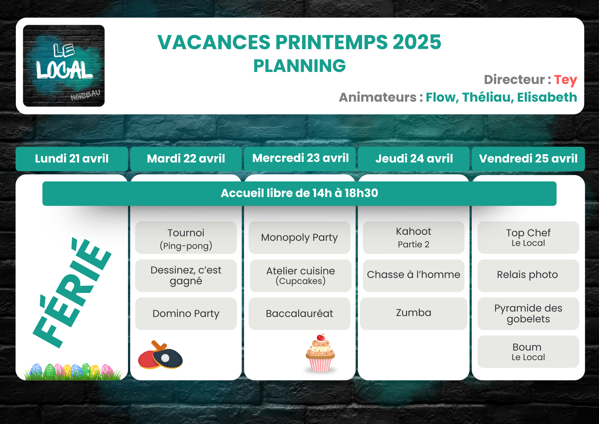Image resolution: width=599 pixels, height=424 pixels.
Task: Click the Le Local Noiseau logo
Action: click(64, 66)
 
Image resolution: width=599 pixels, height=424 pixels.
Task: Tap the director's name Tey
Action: click(565, 80)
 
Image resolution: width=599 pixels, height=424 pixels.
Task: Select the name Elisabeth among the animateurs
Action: click(547, 97)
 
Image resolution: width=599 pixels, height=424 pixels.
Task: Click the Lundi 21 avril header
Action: click(72, 159)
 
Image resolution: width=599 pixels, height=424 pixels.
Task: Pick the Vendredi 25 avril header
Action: click(528, 159)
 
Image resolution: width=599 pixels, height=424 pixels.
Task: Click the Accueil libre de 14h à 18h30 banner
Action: click(299, 193)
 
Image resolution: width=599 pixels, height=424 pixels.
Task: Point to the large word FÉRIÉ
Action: click(72, 292)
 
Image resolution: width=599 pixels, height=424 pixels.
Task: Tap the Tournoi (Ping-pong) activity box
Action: click(186, 238)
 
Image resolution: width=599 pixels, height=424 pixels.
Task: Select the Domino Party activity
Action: click(186, 314)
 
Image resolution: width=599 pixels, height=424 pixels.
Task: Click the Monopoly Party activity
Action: click(299, 238)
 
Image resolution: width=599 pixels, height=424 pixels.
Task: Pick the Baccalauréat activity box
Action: click(299, 314)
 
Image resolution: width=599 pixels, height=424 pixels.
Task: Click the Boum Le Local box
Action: click(528, 352)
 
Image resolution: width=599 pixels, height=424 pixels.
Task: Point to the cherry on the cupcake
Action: click(321, 338)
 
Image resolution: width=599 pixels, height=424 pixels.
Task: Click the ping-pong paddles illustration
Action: click(160, 355)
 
